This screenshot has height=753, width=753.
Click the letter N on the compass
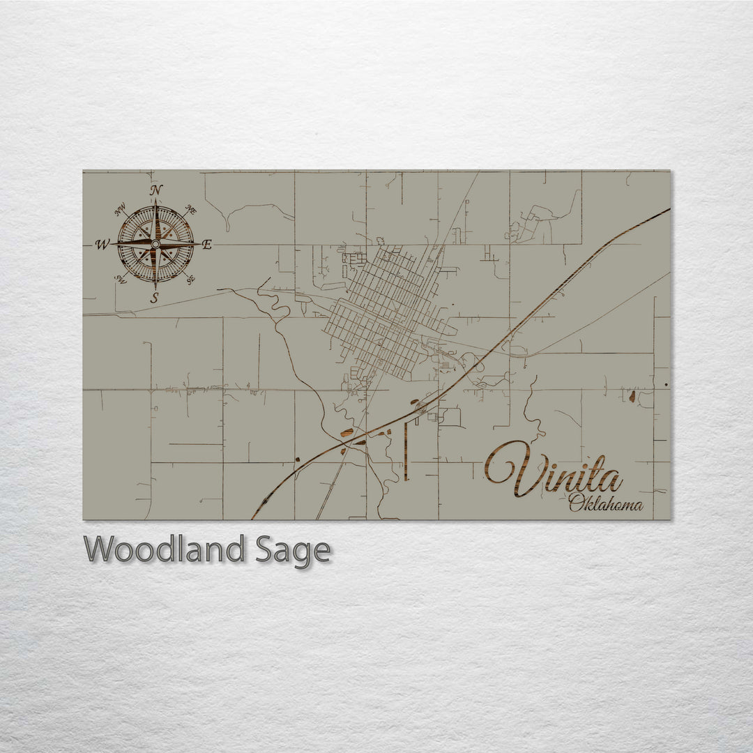pos(156,190)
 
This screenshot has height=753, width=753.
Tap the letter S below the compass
pos(155,298)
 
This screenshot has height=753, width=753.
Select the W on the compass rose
pos(102,244)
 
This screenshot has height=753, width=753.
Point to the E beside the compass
pos(206,245)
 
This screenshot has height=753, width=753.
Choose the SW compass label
pos(120,280)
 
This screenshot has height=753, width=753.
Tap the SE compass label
pos(190,280)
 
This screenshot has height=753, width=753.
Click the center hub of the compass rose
pos(155,244)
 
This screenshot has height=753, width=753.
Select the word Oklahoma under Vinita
pos(605,504)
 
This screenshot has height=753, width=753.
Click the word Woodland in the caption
pos(165,550)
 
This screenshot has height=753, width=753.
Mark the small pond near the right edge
pos(632,397)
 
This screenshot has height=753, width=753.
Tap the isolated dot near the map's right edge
pos(667,385)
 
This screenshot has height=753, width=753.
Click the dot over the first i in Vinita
pos(545,466)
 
